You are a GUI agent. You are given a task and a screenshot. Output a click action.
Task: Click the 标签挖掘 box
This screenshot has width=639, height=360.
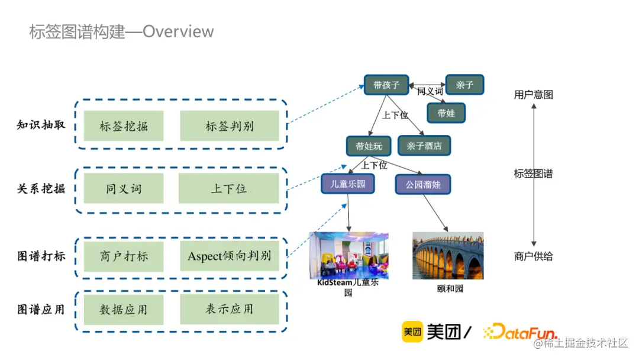tap(123, 126)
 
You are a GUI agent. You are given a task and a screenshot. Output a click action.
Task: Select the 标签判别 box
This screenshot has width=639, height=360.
tap(229, 126)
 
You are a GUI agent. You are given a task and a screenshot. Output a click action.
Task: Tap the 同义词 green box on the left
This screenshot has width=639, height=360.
tap(123, 189)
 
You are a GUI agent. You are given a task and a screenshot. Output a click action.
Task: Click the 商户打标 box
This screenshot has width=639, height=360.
tap(123, 256)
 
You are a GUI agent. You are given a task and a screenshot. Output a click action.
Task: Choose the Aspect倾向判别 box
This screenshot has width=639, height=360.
tap(229, 256)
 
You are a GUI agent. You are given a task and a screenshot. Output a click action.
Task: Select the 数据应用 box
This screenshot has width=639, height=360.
tap(123, 309)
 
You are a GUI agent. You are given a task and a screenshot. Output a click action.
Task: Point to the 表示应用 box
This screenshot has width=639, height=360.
tap(229, 309)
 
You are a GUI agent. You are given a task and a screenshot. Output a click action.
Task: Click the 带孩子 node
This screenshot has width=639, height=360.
tap(386, 85)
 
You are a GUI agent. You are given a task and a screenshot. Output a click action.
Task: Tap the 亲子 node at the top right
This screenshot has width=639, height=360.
tap(464, 85)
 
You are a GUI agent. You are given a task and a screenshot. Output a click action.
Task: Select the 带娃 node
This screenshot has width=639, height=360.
tap(446, 112)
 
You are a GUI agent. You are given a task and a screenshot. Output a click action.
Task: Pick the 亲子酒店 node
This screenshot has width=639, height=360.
tap(424, 145)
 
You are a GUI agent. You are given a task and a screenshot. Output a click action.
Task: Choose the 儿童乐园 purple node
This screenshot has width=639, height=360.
tap(348, 184)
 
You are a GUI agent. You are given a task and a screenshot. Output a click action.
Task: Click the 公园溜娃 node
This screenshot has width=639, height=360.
tap(423, 184)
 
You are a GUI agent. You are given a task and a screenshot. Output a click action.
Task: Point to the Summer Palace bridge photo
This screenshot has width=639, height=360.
tap(447, 255)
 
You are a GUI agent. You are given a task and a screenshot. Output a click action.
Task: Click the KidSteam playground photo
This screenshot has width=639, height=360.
tap(349, 255)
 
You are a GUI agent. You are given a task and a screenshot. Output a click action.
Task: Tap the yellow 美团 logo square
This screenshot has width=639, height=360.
tap(412, 332)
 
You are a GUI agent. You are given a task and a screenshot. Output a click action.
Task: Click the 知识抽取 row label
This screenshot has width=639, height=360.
tap(41, 126)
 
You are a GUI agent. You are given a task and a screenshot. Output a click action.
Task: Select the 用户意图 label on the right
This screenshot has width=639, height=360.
tap(533, 95)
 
